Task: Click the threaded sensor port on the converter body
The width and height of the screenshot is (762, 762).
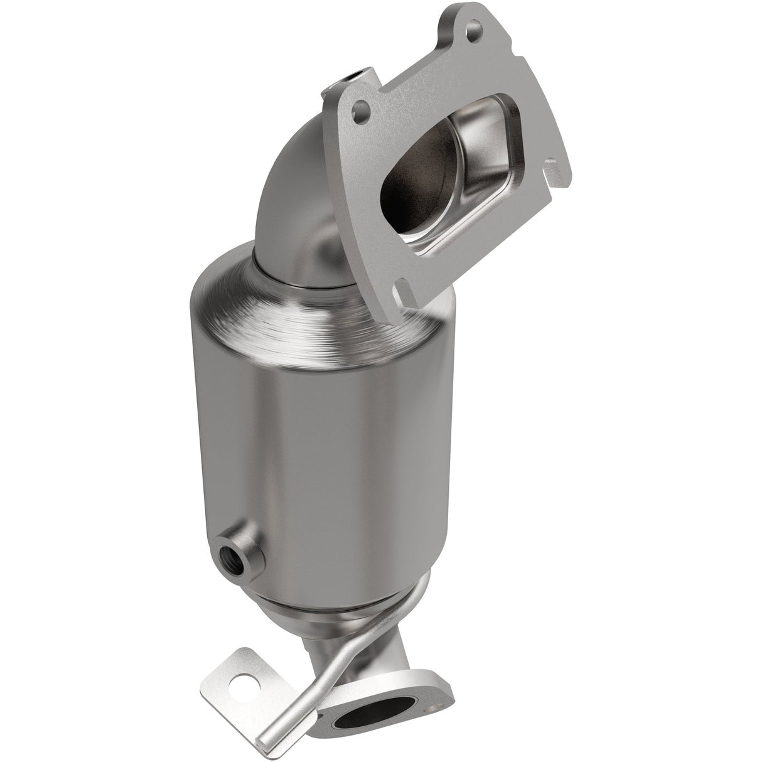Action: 228,539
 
